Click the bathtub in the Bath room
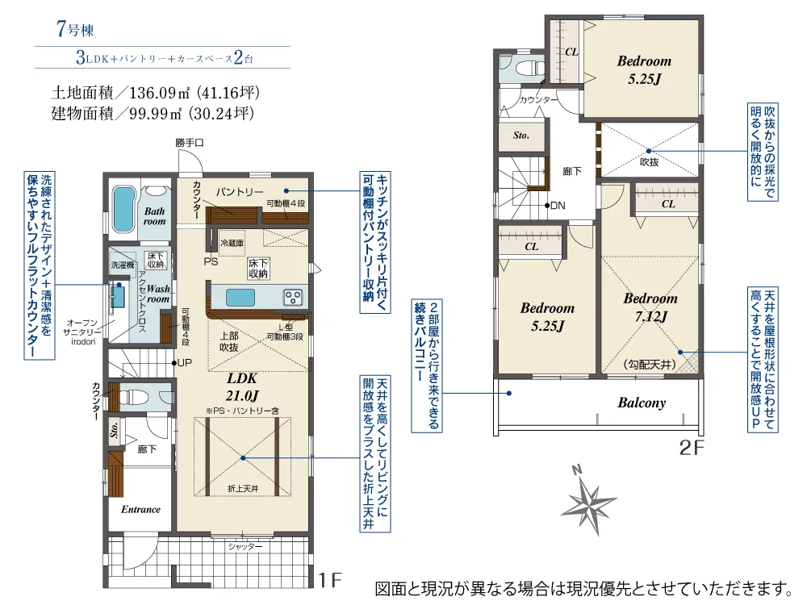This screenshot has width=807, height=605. tap(123, 210)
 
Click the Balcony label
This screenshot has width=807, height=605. tap(642, 403)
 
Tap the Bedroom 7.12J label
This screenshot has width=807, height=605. tap(650, 307)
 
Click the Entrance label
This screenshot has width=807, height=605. tap(141, 509)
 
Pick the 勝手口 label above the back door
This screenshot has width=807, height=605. tap(190, 143)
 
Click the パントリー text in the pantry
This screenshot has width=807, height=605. tap(239, 191)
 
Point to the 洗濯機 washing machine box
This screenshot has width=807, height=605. tap(123, 265)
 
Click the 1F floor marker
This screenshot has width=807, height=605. tap(331, 579)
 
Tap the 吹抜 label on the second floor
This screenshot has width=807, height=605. tap(650, 161)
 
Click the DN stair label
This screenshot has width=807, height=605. tap(557, 206)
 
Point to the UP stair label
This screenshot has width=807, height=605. tap(184, 362)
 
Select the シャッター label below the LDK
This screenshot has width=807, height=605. tap(245, 546)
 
